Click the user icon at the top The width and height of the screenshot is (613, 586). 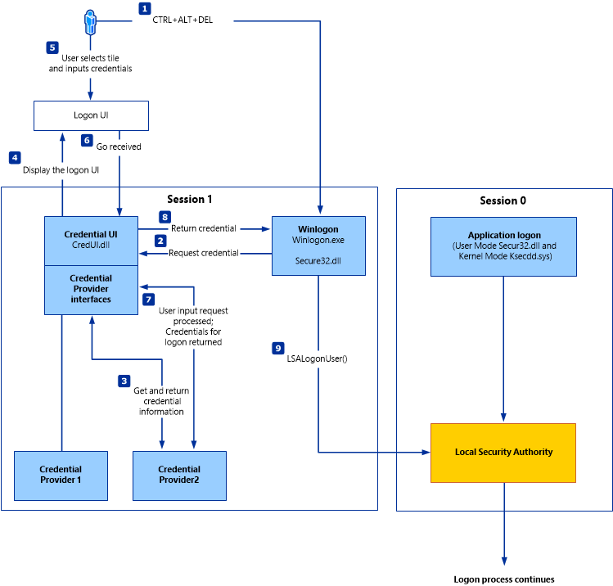point(90,23)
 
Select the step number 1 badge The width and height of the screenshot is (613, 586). point(145,9)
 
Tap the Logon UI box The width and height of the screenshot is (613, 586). point(91,115)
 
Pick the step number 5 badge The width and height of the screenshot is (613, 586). point(52,47)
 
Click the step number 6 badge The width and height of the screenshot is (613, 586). point(87,140)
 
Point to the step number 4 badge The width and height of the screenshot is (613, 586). point(15,156)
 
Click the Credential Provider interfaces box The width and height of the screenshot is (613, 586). point(91,289)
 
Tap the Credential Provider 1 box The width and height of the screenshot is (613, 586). point(61,475)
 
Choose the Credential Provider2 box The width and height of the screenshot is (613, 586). point(179,475)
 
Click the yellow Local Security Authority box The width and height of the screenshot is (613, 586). point(503,452)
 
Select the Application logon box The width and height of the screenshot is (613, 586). point(503,246)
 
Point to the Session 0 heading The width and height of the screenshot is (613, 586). point(503,201)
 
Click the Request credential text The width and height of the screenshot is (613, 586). point(203,253)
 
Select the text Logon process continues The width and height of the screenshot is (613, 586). point(503,579)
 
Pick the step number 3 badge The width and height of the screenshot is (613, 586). point(124,381)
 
